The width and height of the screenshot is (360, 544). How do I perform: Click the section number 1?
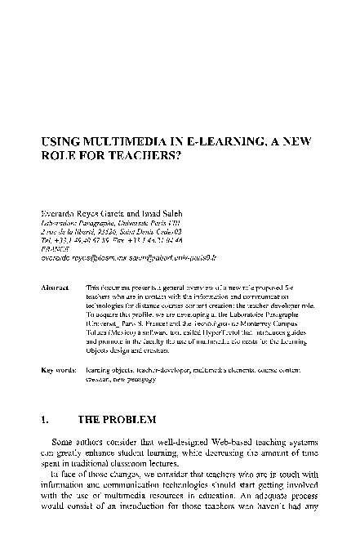point(45,420)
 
